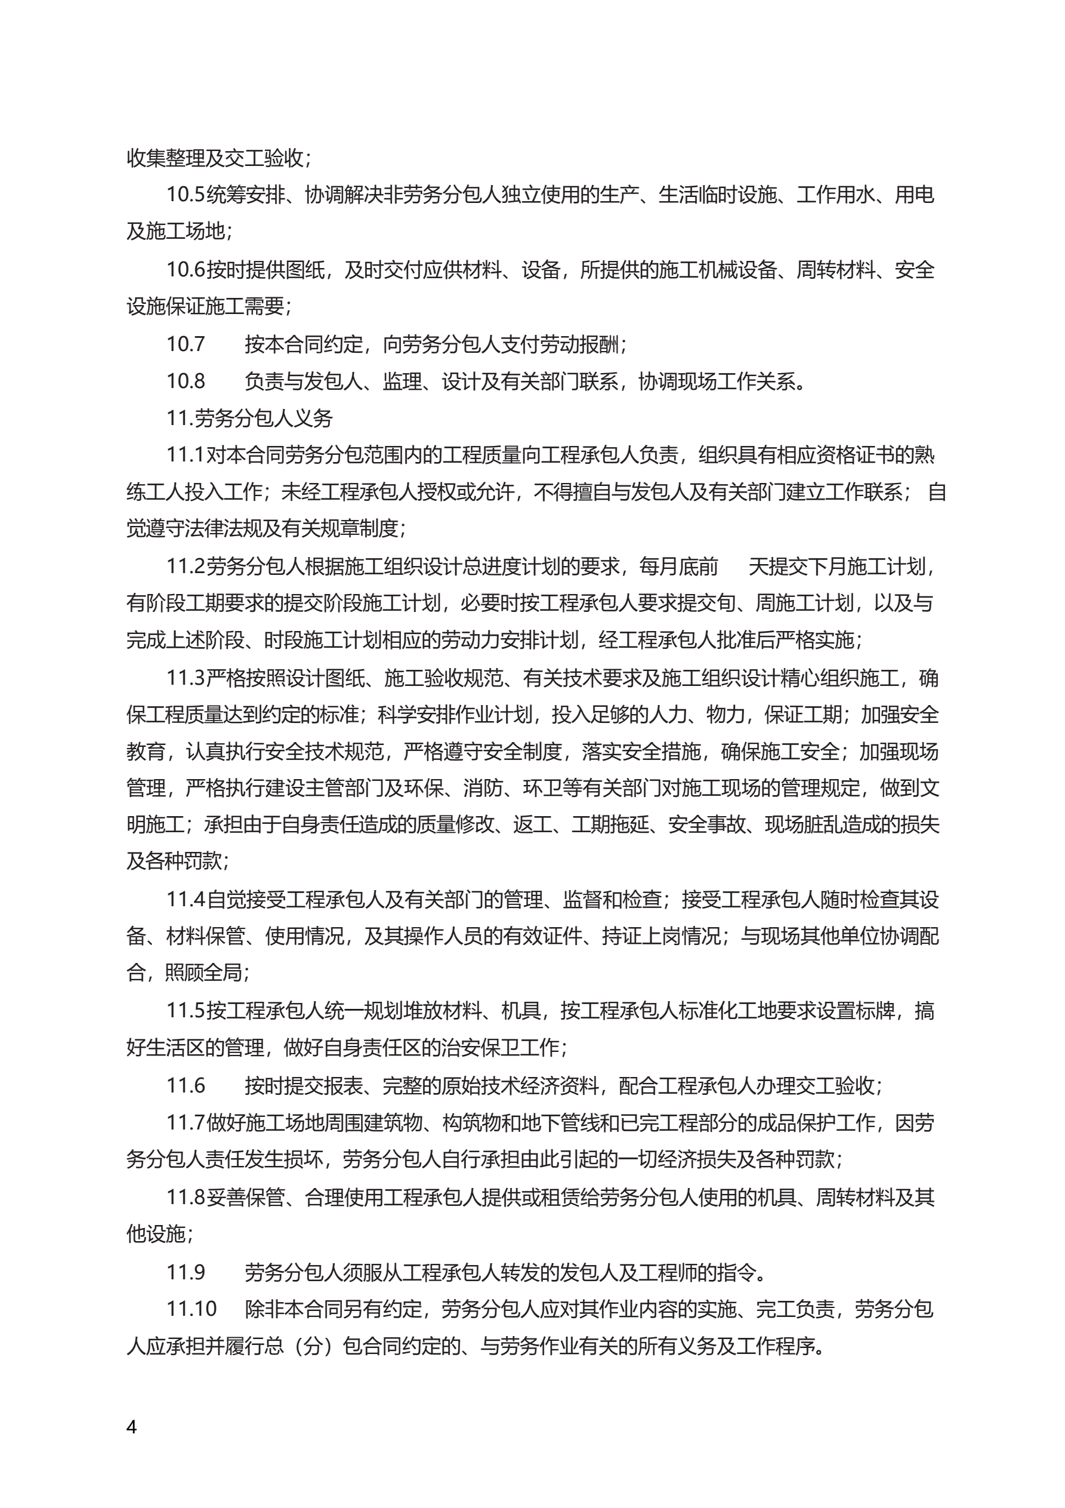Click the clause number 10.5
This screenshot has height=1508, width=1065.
click(185, 195)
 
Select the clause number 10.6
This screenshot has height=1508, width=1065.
click(185, 269)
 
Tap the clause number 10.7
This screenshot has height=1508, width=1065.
click(185, 343)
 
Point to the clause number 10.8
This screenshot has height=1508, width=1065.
click(185, 381)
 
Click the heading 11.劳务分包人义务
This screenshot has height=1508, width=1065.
click(249, 418)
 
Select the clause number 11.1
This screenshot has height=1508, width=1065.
click(185, 454)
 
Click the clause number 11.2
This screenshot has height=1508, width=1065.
click(185, 566)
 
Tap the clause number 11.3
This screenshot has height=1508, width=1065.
click(185, 678)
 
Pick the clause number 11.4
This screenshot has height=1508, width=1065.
click(185, 899)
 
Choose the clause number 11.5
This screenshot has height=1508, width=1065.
click(185, 1011)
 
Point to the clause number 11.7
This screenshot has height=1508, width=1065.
click(185, 1122)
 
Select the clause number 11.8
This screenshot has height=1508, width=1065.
click(185, 1198)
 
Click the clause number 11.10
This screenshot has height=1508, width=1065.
click(191, 1309)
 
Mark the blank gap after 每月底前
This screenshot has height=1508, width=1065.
click(733, 566)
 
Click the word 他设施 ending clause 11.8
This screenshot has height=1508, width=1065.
click(156, 1234)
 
